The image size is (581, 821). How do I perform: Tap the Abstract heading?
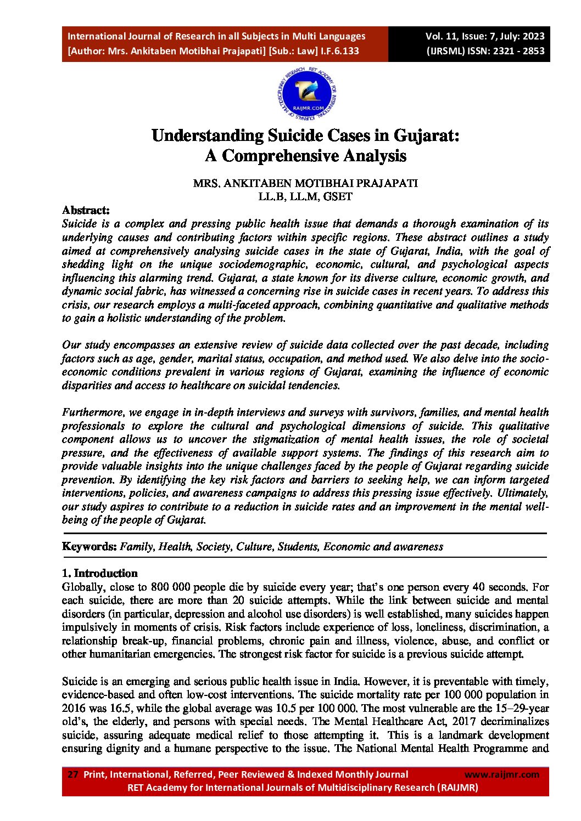click(86, 210)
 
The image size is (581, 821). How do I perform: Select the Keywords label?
click(89, 546)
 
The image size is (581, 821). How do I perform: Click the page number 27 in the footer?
click(72, 774)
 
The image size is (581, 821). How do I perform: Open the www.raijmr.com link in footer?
click(501, 774)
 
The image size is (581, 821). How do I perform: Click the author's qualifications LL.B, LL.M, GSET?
click(305, 196)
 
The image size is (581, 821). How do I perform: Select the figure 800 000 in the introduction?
click(170, 587)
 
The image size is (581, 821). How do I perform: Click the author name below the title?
click(305, 183)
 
